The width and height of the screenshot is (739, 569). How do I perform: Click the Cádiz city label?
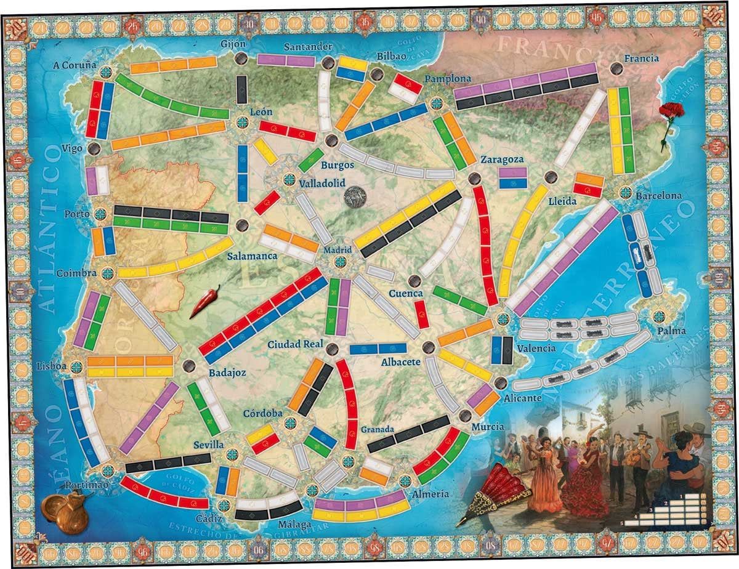point(209,518)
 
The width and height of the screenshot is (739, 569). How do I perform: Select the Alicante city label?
point(522,398)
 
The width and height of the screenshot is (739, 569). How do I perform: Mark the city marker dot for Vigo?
point(94,148)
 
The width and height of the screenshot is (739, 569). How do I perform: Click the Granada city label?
point(378,430)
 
